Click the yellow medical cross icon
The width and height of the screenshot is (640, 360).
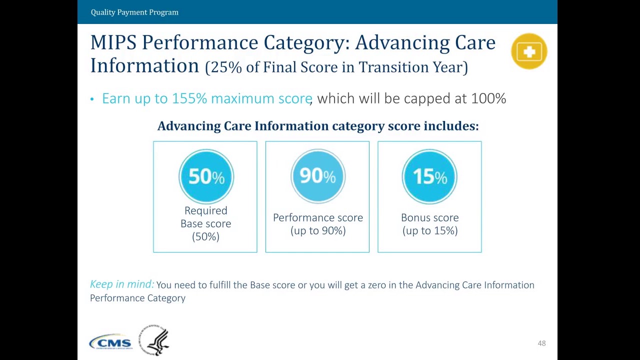[529, 51]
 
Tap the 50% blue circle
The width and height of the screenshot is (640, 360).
[206, 176]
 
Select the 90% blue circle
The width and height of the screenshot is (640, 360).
[317, 176]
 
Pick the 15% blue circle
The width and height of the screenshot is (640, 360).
[429, 176]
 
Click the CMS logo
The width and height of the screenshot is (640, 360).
[110, 342]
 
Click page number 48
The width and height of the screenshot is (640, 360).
[541, 343]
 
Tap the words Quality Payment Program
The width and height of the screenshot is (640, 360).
[134, 12]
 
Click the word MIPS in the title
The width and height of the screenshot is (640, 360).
[113, 42]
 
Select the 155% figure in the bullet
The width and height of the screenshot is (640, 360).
[189, 98]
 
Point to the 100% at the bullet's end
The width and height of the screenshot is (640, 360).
[488, 98]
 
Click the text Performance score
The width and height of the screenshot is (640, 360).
[318, 217]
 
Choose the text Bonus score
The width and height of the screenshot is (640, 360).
[429, 217]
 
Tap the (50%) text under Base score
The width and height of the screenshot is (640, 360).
[205, 236]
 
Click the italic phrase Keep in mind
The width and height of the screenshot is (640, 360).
[122, 284]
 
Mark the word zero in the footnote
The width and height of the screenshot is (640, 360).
[377, 285]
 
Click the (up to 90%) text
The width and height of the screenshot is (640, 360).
[318, 230]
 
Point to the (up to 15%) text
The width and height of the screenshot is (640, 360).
[429, 230]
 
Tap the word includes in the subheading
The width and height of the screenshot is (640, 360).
[450, 126]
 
